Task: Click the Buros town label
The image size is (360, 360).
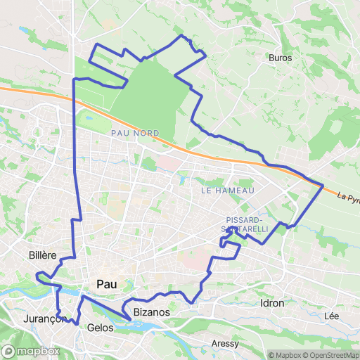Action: pos(280,58)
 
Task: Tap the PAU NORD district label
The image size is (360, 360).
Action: pos(135,133)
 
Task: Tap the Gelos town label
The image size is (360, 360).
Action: pos(101,328)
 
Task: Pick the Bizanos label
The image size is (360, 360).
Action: pos(147,311)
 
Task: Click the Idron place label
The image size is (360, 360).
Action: pos(272,303)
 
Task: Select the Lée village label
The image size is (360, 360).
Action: pos(332,316)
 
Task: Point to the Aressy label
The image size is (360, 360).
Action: pos(225,344)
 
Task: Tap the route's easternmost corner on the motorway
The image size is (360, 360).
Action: pos(323,186)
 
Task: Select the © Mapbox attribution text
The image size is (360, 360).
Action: pos(285,354)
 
